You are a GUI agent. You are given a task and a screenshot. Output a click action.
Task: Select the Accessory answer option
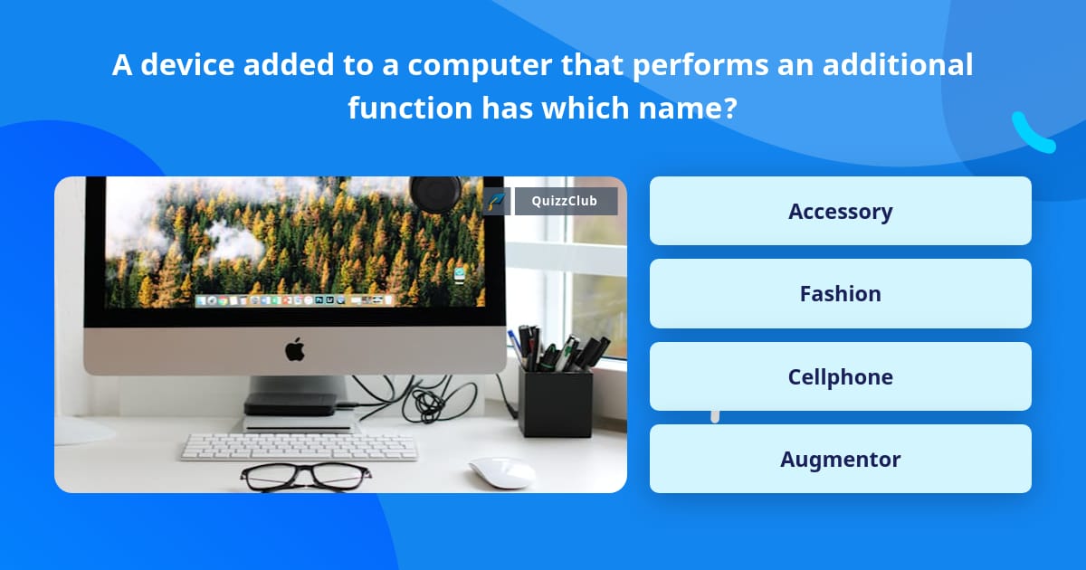pyautogui.click(x=840, y=211)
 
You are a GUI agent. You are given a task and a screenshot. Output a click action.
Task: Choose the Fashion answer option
pyautogui.click(x=840, y=294)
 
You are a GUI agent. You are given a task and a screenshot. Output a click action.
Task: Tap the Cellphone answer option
pyautogui.click(x=840, y=376)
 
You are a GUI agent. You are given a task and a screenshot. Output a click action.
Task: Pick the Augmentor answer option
pyautogui.click(x=840, y=459)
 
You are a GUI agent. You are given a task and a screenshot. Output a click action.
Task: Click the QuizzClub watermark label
pyautogui.click(x=566, y=201)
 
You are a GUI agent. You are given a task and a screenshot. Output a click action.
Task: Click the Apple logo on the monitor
pyautogui.click(x=295, y=349)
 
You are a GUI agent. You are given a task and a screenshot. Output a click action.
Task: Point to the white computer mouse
pyautogui.click(x=500, y=472)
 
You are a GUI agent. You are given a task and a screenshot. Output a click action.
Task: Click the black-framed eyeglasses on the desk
pyautogui.click(x=306, y=478)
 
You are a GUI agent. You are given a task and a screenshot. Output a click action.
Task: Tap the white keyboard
pyautogui.click(x=300, y=446)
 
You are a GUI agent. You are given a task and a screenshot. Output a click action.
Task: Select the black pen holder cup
pyautogui.click(x=556, y=403)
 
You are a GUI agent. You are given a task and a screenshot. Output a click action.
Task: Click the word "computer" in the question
pyautogui.click(x=480, y=65)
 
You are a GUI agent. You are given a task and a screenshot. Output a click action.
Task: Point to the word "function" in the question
pyautogui.click(x=410, y=107)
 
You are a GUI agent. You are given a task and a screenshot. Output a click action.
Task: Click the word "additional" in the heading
pyautogui.click(x=898, y=64)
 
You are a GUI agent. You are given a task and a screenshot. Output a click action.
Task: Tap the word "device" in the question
pyautogui.click(x=187, y=64)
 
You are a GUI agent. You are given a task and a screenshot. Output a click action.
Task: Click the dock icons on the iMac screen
pyautogui.click(x=294, y=300)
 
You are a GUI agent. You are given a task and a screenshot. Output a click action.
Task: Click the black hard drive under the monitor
pyautogui.click(x=290, y=404)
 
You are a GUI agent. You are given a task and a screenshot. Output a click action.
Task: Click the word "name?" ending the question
pyautogui.click(x=688, y=107)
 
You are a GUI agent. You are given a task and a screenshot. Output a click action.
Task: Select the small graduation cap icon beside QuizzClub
pyautogui.click(x=496, y=201)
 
